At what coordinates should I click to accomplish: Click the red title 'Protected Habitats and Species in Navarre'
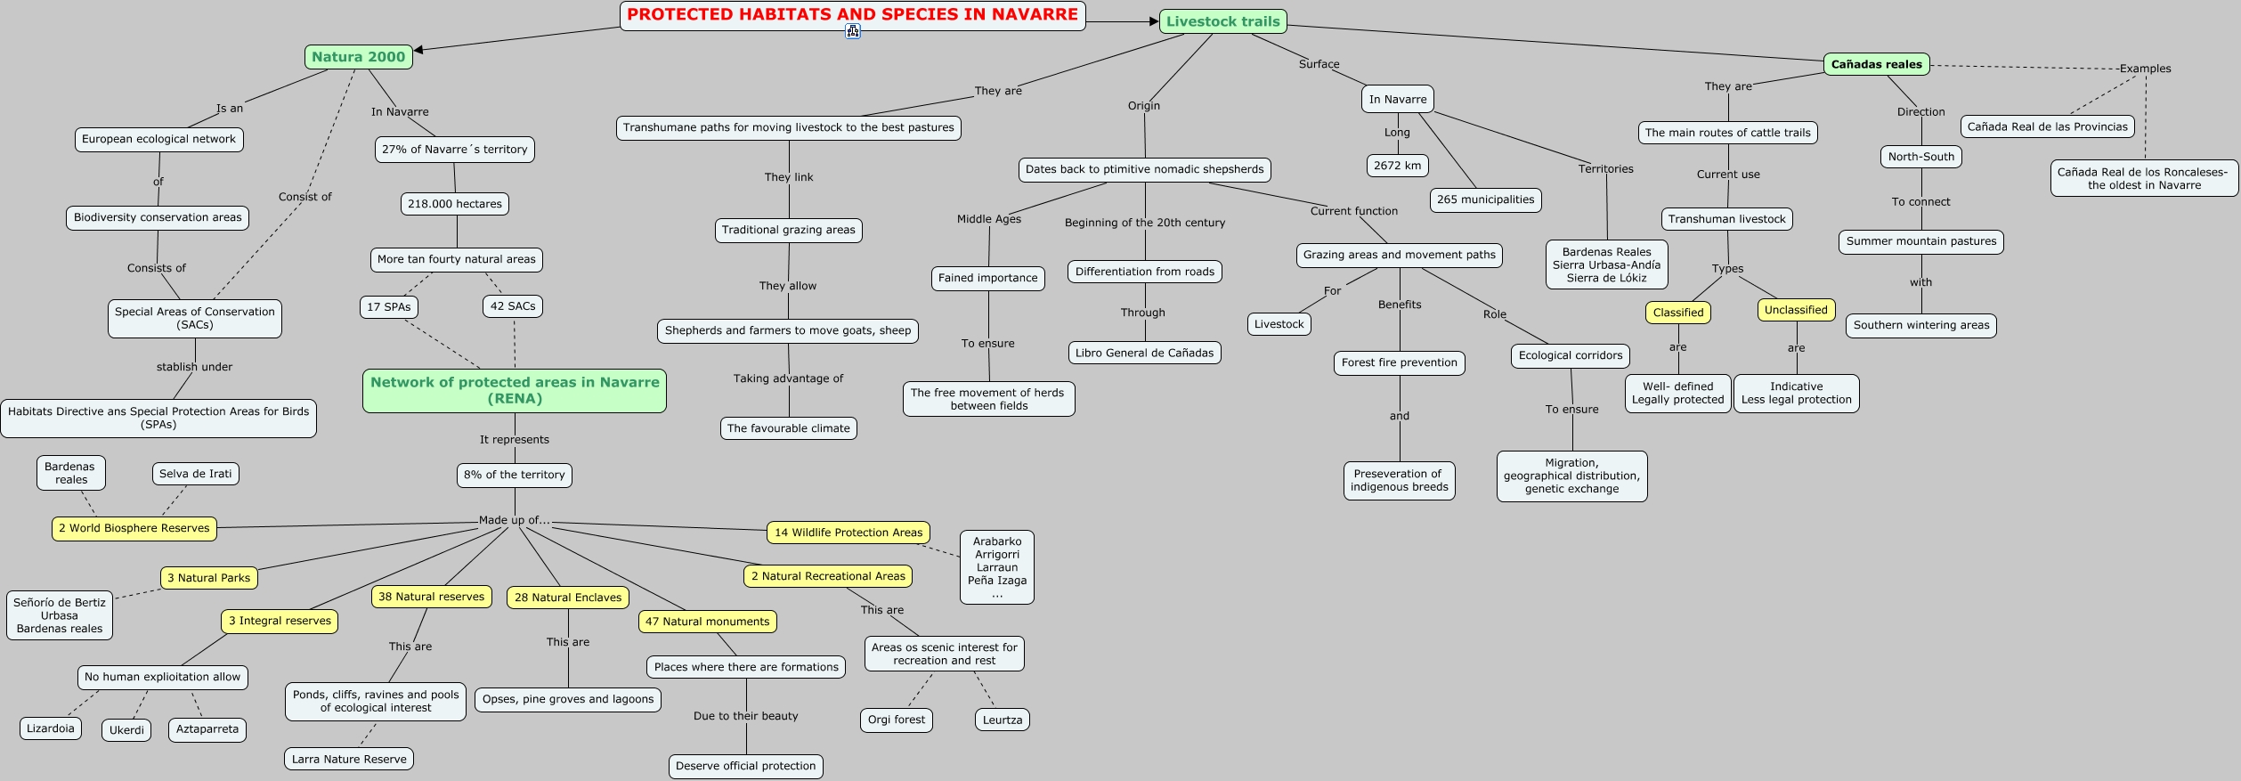point(852,15)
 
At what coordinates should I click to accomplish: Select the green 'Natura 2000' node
point(358,57)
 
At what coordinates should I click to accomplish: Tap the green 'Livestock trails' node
point(1222,21)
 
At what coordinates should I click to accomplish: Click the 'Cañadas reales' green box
point(1876,64)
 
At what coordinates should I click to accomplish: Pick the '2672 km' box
point(1397,166)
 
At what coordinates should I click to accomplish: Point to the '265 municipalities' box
point(1485,199)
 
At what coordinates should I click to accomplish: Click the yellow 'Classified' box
point(1677,313)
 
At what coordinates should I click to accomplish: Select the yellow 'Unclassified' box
point(1796,310)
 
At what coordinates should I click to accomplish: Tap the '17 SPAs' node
point(388,307)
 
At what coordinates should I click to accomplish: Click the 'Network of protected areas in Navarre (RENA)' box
point(515,390)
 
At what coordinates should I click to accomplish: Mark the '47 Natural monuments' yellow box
point(707,622)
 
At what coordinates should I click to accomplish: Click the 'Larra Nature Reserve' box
point(349,760)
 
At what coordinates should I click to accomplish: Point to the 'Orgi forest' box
point(897,720)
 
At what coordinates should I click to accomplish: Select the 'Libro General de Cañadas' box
point(1144,353)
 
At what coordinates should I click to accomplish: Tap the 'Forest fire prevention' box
point(1399,362)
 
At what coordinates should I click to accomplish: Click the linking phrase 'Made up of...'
point(514,520)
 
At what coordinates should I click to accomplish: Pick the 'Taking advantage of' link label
point(788,378)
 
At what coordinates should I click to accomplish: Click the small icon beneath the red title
point(853,32)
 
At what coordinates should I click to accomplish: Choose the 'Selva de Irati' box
point(195,474)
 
